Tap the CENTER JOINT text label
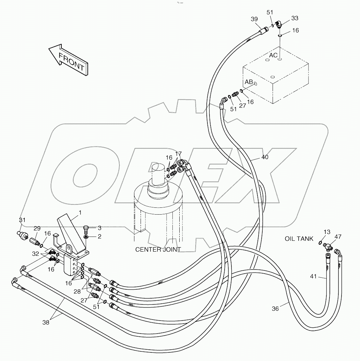(x=158, y=250)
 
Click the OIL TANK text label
(x=299, y=239)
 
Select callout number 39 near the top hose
(x=254, y=20)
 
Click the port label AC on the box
(x=273, y=56)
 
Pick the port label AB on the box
(x=249, y=82)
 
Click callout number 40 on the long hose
(x=265, y=157)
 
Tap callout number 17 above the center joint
(x=178, y=154)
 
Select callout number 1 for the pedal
(x=80, y=213)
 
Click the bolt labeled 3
(x=87, y=227)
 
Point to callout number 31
(x=22, y=220)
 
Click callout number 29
(x=37, y=228)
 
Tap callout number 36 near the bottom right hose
(x=275, y=309)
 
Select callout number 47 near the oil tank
(x=338, y=237)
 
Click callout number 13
(x=327, y=232)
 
